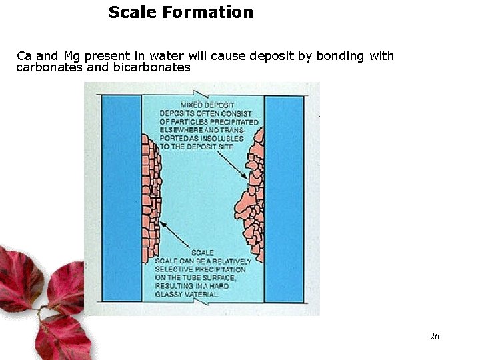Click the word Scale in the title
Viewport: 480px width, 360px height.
(133, 12)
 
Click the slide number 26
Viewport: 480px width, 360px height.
(435, 336)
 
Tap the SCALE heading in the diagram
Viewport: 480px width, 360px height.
(203, 253)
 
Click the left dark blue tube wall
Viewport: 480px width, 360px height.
(121, 200)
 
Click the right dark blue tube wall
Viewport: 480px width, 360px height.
(284, 200)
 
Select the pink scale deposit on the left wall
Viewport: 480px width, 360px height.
(152, 193)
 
